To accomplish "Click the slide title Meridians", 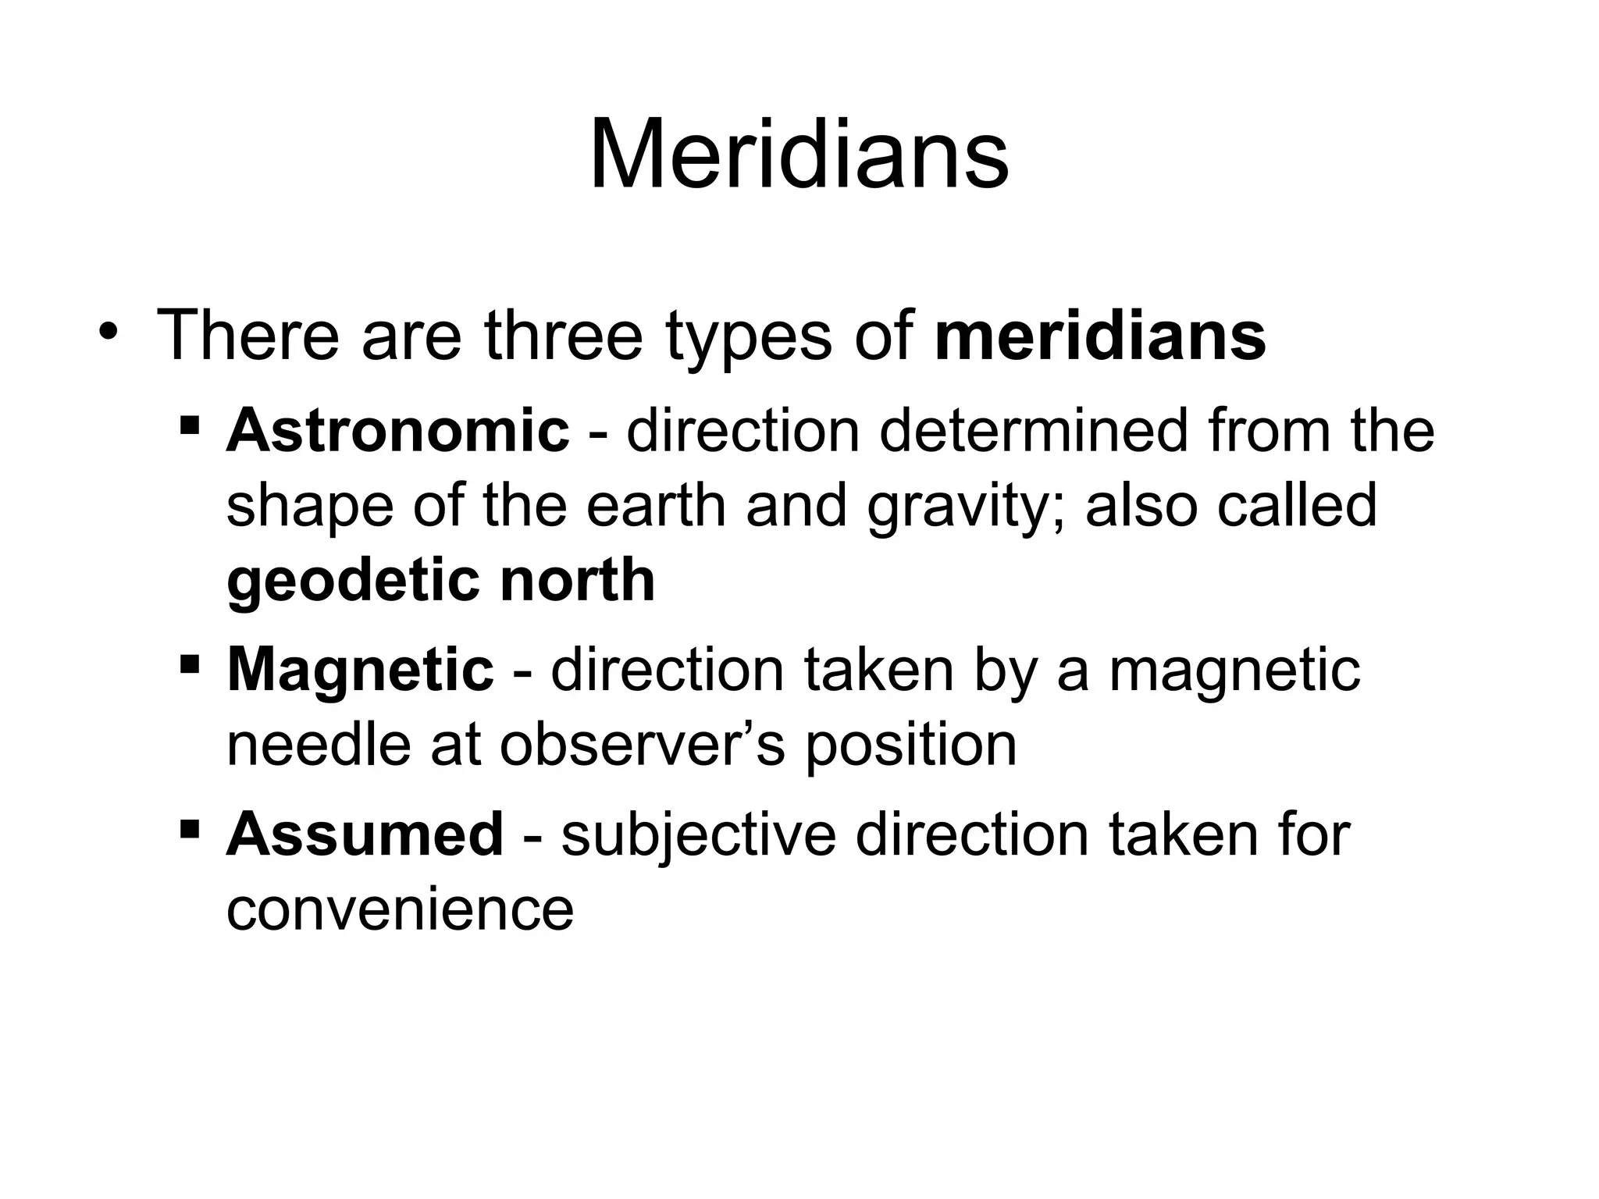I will click(799, 155).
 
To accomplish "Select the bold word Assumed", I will click(365, 834).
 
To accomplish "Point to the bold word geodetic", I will click(352, 582).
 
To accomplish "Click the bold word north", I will click(577, 580).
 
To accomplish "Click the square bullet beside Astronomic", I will click(189, 426).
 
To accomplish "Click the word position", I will click(910, 745).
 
